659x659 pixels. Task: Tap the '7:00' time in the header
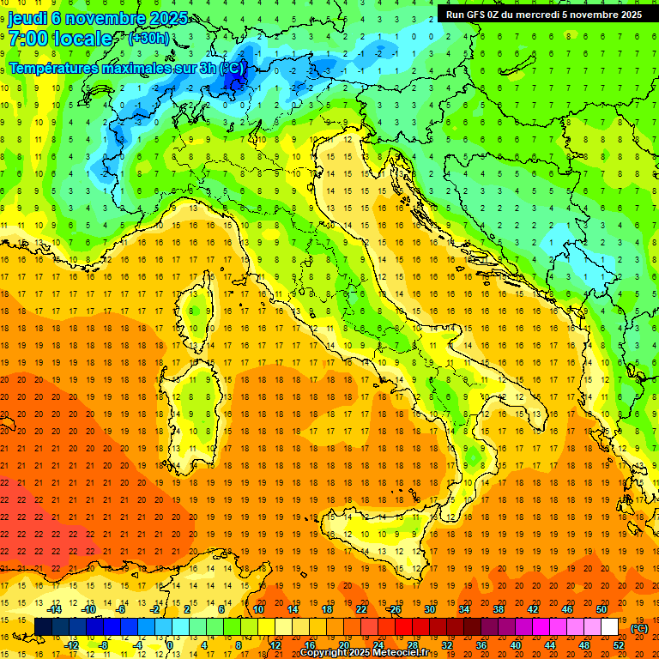click(31, 39)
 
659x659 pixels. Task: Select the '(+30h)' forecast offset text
click(148, 39)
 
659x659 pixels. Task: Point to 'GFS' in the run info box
click(477, 14)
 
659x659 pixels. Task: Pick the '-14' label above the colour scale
click(55, 609)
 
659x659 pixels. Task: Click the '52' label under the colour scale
click(619, 645)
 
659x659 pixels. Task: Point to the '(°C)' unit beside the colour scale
click(639, 628)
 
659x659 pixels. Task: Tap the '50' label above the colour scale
click(602, 609)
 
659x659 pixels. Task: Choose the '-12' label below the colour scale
click(72, 645)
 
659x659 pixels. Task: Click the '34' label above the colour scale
click(464, 609)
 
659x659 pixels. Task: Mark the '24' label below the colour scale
click(378, 645)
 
